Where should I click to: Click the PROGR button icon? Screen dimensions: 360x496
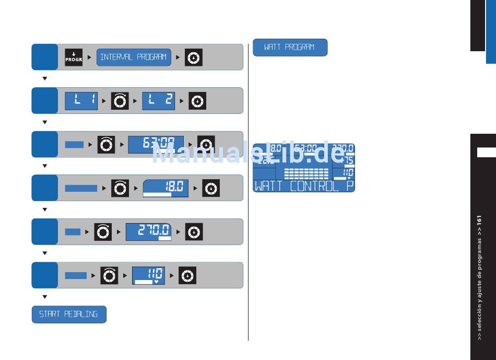(x=74, y=57)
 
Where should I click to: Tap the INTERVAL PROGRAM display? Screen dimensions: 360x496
(x=134, y=57)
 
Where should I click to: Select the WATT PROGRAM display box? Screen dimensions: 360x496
(x=290, y=48)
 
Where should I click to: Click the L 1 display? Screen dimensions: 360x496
(x=81, y=101)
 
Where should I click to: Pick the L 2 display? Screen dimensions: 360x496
(x=159, y=101)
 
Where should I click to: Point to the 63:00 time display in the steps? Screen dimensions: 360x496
(x=156, y=144)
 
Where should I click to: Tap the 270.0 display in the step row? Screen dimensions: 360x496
(x=149, y=231)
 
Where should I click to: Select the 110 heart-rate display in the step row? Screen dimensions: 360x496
(x=148, y=275)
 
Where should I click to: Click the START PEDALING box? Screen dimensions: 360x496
(x=69, y=315)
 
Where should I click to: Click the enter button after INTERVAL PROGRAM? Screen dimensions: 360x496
(x=194, y=57)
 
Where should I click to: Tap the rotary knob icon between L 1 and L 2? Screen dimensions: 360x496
(x=120, y=101)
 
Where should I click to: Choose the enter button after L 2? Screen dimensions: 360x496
(x=197, y=101)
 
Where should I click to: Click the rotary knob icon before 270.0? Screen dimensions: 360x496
(x=103, y=231)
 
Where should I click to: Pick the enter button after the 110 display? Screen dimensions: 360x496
(x=187, y=275)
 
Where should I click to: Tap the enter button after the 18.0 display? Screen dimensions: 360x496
(x=211, y=188)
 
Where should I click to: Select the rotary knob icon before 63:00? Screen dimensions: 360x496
(x=106, y=144)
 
